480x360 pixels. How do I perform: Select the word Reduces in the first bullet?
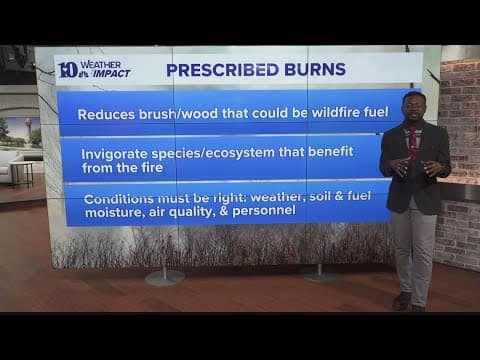click(x=111, y=112)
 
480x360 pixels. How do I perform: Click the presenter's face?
click(x=412, y=106)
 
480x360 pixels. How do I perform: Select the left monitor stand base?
click(x=165, y=277)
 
